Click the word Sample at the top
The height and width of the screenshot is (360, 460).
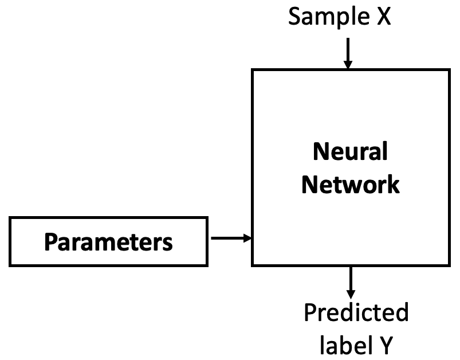point(326,17)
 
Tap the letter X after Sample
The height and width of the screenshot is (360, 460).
point(383,17)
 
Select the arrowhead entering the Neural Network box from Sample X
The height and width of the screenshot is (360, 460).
point(348,65)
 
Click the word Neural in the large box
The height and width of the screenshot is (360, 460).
point(350,152)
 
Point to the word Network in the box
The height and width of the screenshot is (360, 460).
point(350,185)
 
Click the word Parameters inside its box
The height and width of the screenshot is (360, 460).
point(108,242)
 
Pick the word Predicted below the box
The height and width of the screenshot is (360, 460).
point(356,313)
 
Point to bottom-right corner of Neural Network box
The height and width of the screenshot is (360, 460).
point(447,265)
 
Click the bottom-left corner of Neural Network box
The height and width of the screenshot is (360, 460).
point(253,265)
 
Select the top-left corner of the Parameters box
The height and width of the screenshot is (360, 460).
point(10,218)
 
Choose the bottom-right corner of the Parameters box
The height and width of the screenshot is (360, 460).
point(207,265)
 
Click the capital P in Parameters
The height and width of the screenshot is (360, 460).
point(50,242)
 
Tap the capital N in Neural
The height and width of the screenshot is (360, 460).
point(320,152)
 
